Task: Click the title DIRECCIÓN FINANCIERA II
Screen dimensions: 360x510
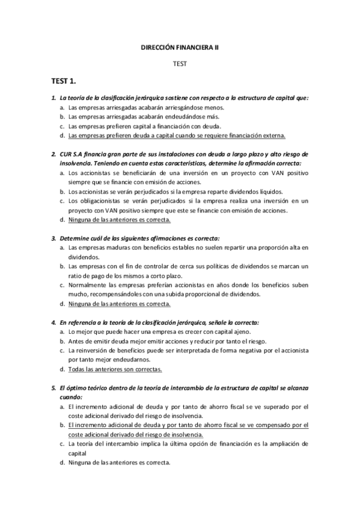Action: [180, 46]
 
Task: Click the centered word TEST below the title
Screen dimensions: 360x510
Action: [180, 63]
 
